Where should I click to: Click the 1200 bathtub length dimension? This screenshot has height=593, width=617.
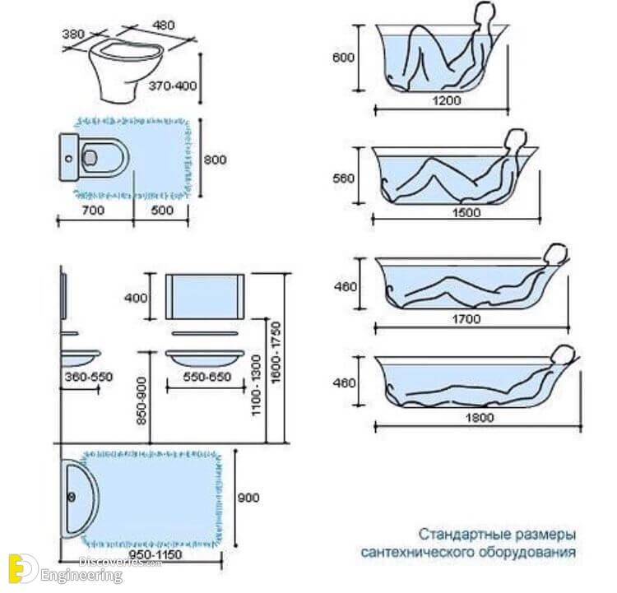pos(446,100)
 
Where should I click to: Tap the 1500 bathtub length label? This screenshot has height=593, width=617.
pos(466,213)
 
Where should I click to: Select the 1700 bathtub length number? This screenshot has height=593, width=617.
pos(466,318)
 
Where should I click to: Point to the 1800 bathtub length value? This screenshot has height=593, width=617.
pos(480,417)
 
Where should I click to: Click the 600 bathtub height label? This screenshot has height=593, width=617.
pos(343,58)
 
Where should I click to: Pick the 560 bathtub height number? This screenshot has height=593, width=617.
pos(343,178)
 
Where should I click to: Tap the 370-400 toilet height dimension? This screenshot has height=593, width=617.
pos(173,86)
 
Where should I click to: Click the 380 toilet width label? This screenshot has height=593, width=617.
pos(73,34)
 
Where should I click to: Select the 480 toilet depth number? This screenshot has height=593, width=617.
pos(164,25)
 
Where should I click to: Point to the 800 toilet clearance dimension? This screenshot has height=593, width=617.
pos(215,160)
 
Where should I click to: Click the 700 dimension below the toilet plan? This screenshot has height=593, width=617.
pos(93,210)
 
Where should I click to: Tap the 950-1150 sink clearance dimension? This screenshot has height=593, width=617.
pos(155,555)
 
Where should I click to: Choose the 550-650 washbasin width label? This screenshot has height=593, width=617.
pos(207,377)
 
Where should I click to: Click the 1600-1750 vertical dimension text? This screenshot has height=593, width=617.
pos(276,352)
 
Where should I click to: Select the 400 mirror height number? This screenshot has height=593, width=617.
pos(136,298)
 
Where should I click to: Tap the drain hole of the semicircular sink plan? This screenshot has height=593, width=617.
pos(72,498)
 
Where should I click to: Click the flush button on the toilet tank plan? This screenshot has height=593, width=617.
pos(69,159)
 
